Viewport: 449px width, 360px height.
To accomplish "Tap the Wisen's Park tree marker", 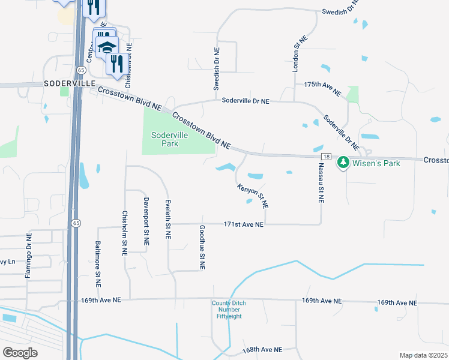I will (343, 161).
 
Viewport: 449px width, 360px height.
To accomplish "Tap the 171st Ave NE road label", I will (243, 224).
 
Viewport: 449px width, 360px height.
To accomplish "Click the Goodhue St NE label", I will (202, 247).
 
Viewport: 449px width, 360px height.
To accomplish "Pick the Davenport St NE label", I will (145, 220).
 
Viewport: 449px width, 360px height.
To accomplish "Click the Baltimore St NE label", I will (98, 262).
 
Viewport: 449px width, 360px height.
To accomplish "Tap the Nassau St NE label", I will (321, 187).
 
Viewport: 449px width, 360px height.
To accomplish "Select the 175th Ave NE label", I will (322, 89).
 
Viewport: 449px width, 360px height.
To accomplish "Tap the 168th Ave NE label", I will (262, 349).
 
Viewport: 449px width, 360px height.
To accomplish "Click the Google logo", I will (20, 353).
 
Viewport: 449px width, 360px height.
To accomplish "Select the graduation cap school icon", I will (107, 47).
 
